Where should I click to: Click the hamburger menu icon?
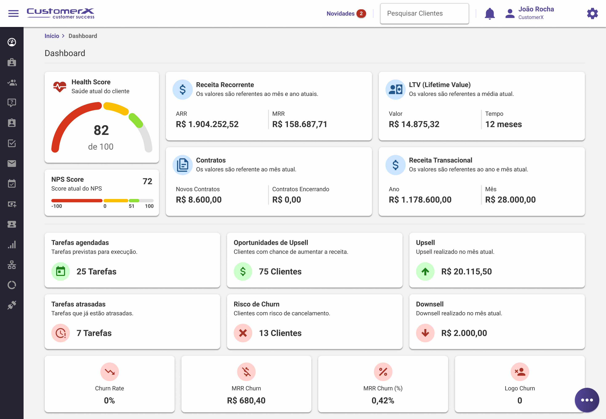click(x=13, y=13)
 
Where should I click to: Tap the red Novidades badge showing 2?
click(x=361, y=13)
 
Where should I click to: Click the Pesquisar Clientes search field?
click(x=424, y=13)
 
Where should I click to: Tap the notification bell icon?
click(x=489, y=13)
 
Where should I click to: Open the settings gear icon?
click(x=592, y=13)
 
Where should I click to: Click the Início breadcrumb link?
click(x=52, y=36)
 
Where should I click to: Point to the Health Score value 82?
click(x=101, y=130)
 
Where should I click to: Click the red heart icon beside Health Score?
click(x=60, y=86)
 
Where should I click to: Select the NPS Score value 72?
click(x=147, y=181)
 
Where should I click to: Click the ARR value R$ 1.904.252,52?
click(x=207, y=124)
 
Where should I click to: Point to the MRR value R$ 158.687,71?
click(x=300, y=124)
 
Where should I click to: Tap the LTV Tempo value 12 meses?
click(x=503, y=124)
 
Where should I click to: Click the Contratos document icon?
click(x=182, y=165)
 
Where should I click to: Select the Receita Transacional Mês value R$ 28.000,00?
click(x=510, y=200)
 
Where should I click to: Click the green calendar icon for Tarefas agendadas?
click(x=61, y=271)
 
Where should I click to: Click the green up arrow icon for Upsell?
click(x=425, y=271)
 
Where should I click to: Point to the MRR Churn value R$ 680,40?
click(x=246, y=400)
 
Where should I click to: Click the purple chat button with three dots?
click(x=587, y=400)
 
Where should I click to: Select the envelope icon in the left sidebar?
click(x=12, y=164)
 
